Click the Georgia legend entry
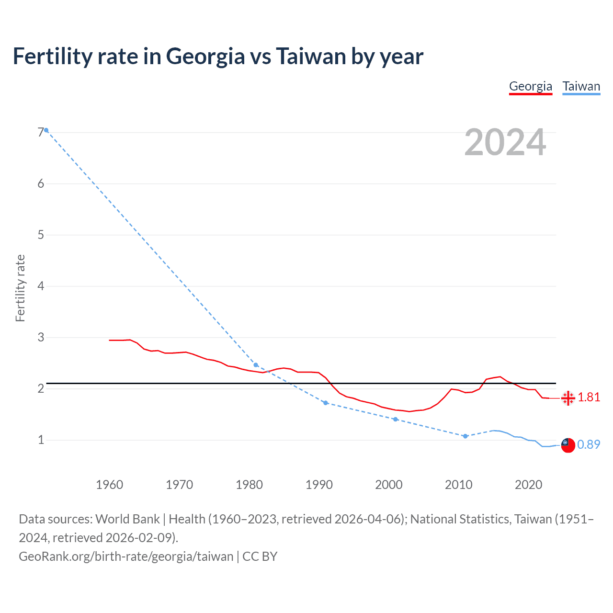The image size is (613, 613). click(x=530, y=86)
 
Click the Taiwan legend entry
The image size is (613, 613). click(x=581, y=86)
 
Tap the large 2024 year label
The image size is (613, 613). click(x=505, y=142)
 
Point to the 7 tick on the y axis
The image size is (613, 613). click(x=41, y=133)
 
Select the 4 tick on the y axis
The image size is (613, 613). click(x=41, y=286)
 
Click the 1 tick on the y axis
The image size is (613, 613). click(x=41, y=440)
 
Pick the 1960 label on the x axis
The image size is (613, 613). click(x=109, y=485)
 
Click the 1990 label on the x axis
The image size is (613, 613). click(x=319, y=485)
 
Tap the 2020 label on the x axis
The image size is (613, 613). click(x=528, y=485)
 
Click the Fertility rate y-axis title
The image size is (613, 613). click(x=20, y=288)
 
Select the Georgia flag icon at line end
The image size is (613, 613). click(x=568, y=398)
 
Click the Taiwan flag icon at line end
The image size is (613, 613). click(x=568, y=445)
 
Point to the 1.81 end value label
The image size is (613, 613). click(x=589, y=397)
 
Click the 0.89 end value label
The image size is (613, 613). click(x=589, y=445)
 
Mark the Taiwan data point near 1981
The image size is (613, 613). click(x=256, y=365)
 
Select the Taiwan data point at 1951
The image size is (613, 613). click(x=46, y=130)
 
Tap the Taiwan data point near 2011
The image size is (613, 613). click(x=465, y=436)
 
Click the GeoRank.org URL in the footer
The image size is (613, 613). click(x=126, y=556)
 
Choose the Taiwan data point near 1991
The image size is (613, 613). click(x=326, y=403)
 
